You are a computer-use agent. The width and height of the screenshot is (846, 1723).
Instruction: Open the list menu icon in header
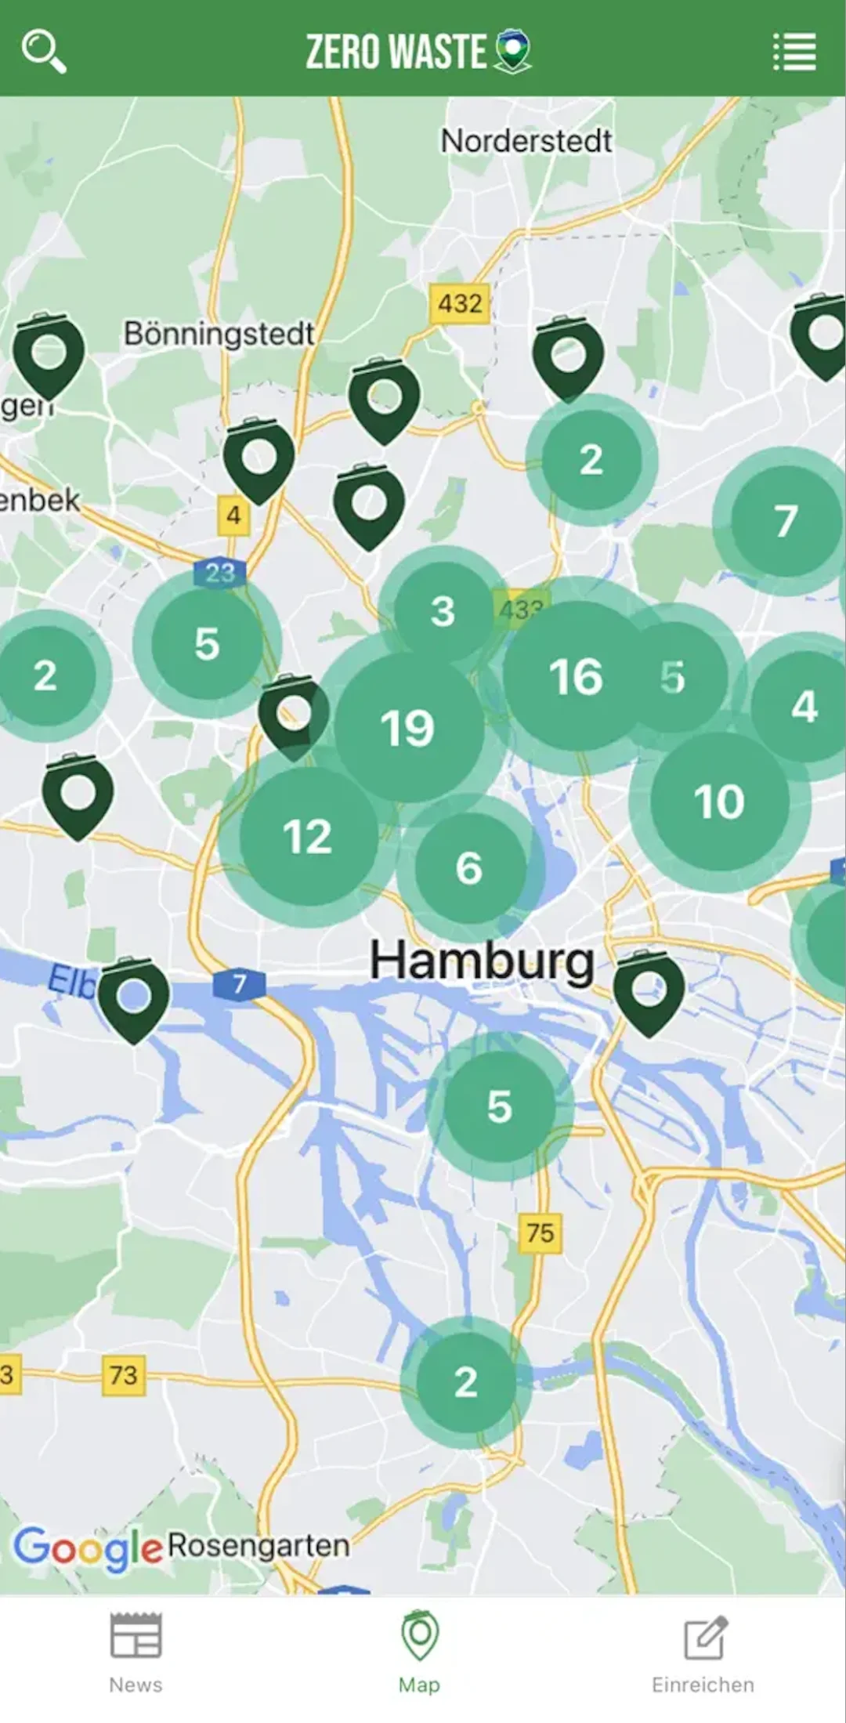[795, 52]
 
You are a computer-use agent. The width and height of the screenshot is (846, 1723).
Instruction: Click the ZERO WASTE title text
[396, 52]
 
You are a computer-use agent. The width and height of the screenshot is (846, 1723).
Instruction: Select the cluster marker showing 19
[407, 727]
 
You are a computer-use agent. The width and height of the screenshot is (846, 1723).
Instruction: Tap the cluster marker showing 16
[576, 676]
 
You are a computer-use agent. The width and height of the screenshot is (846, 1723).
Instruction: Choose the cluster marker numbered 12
[308, 836]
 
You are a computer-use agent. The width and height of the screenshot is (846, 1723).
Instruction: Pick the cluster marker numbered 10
[719, 801]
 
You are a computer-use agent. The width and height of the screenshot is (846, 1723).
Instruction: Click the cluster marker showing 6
[469, 867]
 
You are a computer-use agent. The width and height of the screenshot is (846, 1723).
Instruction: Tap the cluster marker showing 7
[786, 520]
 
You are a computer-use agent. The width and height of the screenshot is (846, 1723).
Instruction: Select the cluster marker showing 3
[443, 611]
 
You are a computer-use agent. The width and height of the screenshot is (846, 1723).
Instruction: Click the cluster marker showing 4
[804, 706]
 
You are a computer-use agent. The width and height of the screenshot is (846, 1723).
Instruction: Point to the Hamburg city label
[482, 961]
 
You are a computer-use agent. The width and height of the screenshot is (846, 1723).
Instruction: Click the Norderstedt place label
[526, 141]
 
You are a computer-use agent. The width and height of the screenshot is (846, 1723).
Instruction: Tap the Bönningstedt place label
[219, 334]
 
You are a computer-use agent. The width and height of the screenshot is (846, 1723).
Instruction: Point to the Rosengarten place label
[258, 1545]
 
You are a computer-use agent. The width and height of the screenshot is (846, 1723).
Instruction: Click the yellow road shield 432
[460, 303]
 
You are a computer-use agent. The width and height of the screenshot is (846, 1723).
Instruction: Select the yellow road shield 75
[540, 1233]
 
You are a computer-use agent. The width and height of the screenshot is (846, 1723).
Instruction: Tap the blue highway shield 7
[239, 983]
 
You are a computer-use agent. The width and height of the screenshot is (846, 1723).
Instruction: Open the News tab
[136, 1649]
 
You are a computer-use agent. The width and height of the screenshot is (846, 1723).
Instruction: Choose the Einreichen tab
[703, 1649]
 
